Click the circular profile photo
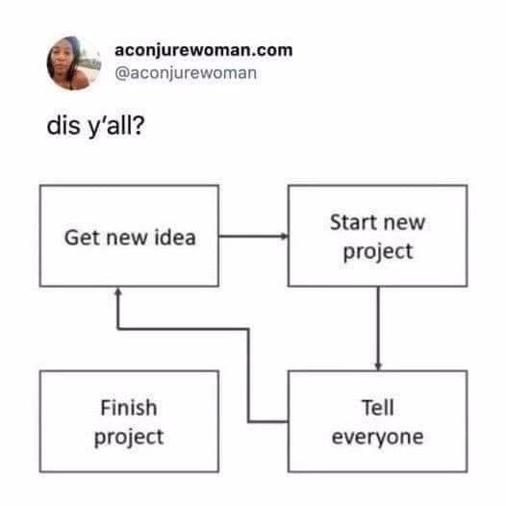click(73, 63)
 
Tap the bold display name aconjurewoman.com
click(204, 51)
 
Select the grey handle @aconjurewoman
click(186, 73)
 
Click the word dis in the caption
click(63, 125)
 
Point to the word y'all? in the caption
click(115, 127)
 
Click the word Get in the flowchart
click(83, 238)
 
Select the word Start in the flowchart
click(354, 222)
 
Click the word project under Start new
click(378, 252)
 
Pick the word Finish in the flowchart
click(129, 408)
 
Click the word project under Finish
click(129, 438)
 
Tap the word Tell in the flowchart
click(377, 408)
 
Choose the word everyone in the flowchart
click(377, 438)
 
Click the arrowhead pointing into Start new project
click(285, 237)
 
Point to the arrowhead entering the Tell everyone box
click(378, 367)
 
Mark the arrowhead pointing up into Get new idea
click(118, 291)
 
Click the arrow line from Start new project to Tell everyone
click(378, 328)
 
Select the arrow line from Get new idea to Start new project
click(254, 237)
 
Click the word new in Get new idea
click(128, 239)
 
